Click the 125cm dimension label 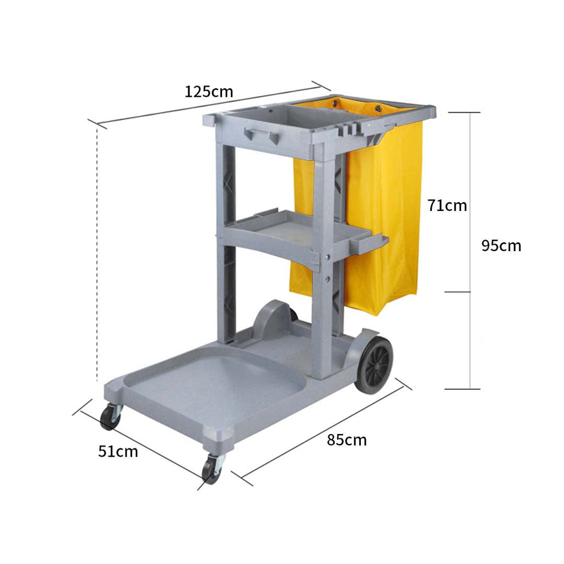point(209,91)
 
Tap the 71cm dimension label point(447,205)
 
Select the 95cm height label point(501,246)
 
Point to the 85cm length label point(346,440)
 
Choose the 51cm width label point(118,452)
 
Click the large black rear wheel point(375,364)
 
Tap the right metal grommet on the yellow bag point(378,109)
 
